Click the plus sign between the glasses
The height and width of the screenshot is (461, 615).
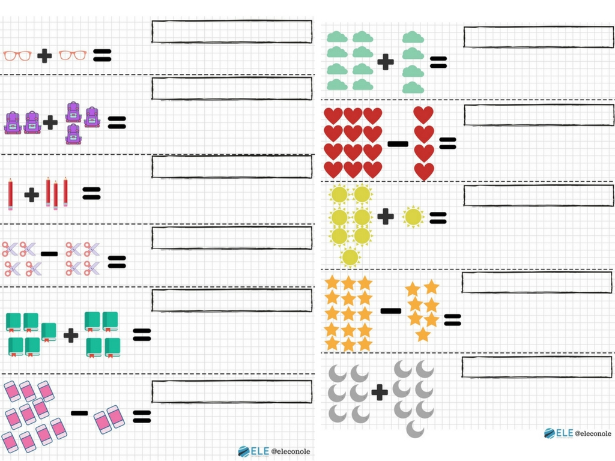pos(44,56)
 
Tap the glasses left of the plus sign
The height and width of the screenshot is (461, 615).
pos(17,56)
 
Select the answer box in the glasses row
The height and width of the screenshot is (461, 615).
pos(232,31)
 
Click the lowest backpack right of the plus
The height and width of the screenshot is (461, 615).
pos(73,134)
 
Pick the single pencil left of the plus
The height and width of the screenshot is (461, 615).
pos(10,194)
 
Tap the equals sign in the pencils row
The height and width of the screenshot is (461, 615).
pos(91,193)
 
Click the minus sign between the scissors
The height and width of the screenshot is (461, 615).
pos(49,254)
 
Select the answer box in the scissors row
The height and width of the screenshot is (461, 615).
pos(232,238)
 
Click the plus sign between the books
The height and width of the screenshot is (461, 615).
pos(71,336)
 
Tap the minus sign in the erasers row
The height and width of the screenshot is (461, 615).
pos(79,413)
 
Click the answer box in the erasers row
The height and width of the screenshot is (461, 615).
pos(232,391)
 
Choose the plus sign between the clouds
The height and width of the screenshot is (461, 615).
pos(386,62)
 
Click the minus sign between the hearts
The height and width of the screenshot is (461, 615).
pos(398,144)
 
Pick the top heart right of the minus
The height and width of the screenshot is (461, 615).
pos(423,115)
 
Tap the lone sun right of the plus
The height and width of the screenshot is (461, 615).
pos(413,217)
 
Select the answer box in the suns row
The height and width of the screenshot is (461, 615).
pos(539,195)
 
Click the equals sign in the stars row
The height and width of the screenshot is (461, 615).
pos(452,320)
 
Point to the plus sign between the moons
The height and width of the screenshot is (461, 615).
pos(380,393)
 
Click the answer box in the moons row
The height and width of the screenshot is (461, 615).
pos(537,367)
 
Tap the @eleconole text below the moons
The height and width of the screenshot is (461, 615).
pos(593,433)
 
